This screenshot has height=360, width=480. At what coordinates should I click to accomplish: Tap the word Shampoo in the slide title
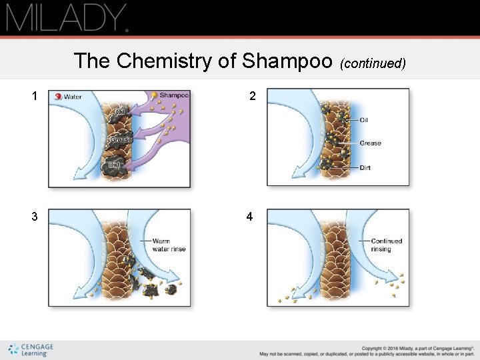click(288, 61)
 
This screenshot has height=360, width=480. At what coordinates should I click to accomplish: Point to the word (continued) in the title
click(373, 63)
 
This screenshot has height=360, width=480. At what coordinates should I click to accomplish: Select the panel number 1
click(35, 96)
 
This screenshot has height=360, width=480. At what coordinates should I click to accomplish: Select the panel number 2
click(253, 96)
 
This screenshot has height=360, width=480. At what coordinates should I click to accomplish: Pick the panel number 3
click(35, 217)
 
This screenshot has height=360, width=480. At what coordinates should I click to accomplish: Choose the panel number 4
click(249, 217)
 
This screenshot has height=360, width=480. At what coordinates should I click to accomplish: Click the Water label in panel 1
click(73, 97)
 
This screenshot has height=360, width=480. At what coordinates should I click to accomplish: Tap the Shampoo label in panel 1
click(174, 95)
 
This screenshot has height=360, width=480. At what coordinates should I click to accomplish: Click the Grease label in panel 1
click(121, 140)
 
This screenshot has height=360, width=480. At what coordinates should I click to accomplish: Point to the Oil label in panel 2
click(364, 121)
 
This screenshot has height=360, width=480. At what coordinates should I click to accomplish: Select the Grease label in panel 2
click(370, 143)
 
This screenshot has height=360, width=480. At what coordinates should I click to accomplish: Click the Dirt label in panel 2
click(365, 168)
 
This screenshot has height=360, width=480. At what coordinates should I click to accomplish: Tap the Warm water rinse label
click(169, 245)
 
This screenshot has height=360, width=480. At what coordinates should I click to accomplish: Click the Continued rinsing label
click(386, 245)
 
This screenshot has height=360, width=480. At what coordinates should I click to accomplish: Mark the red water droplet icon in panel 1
click(59, 97)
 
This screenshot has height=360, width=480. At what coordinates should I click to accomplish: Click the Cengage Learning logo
click(31, 349)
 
